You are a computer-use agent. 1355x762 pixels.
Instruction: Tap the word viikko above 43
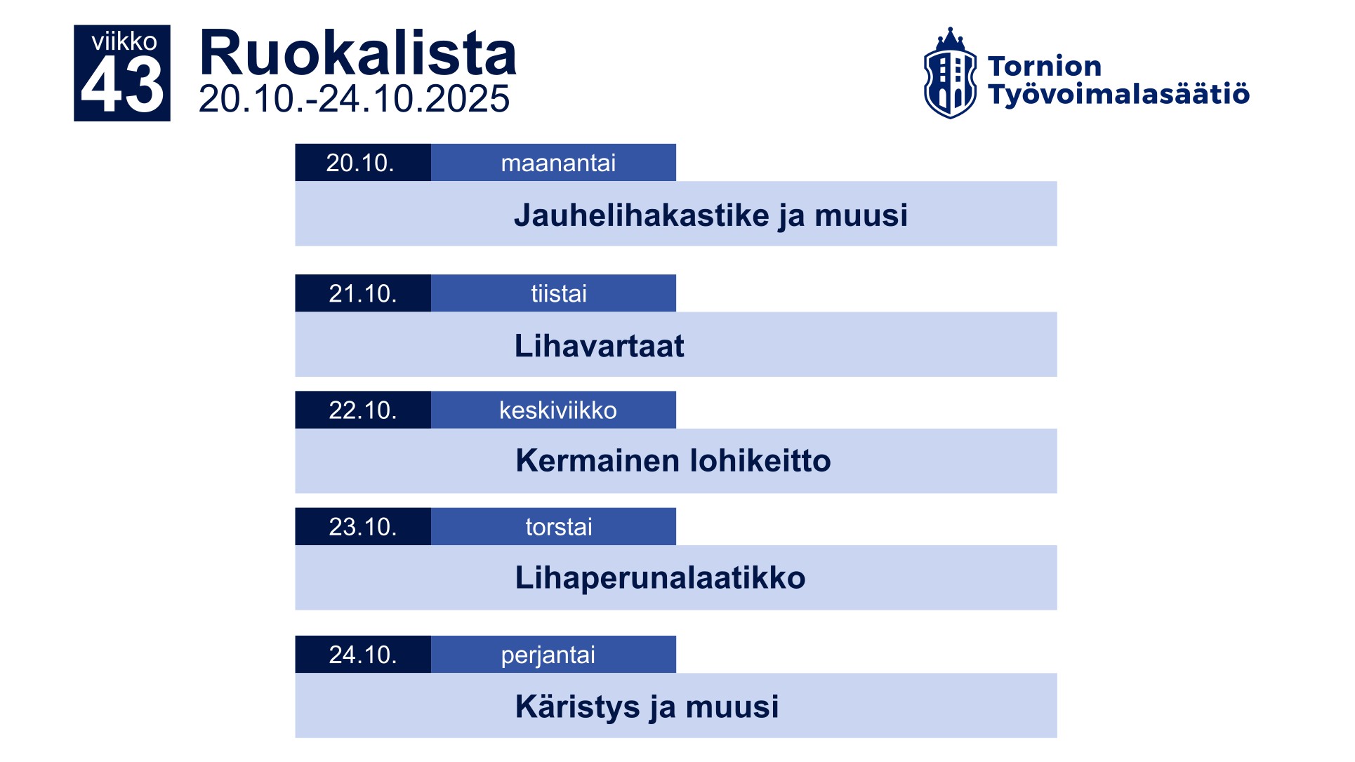point(124,41)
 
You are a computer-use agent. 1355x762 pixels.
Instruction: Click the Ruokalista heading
point(358,53)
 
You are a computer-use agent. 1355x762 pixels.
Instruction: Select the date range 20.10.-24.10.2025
point(354,99)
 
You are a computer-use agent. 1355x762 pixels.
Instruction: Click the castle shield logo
point(949,74)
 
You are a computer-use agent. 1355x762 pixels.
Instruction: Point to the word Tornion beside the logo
point(1044,67)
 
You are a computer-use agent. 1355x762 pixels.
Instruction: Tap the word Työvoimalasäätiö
point(1118,94)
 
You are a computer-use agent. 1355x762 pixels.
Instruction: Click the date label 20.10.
point(360,163)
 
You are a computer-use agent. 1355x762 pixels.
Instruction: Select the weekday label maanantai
point(558,163)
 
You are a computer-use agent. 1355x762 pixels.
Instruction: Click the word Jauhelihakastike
point(642,215)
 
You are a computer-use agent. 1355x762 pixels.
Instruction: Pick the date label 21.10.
point(363,293)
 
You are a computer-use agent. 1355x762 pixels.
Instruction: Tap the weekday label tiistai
point(558,293)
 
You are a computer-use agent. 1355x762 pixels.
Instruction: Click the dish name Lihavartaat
point(599,346)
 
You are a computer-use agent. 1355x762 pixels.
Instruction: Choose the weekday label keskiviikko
point(558,410)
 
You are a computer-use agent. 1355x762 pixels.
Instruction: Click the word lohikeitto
point(760,461)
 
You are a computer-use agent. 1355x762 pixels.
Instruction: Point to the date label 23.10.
point(363,527)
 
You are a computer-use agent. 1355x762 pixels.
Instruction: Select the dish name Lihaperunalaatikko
point(660,578)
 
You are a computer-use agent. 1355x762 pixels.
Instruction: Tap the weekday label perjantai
point(548,655)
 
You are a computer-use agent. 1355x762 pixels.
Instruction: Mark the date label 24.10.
point(363,655)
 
